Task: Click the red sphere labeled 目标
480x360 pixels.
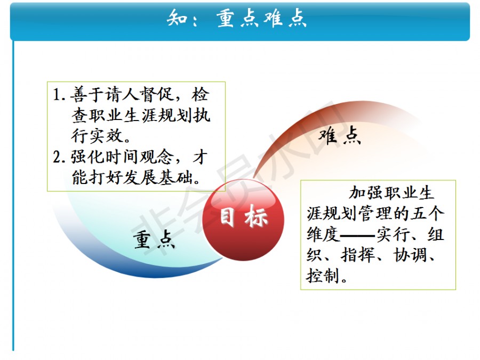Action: [x=243, y=220]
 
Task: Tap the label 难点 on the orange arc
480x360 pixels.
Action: [x=340, y=135]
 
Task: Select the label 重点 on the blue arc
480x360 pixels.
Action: [x=154, y=239]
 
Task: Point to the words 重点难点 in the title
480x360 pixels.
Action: [x=262, y=18]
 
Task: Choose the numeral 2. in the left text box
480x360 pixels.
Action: [x=59, y=157]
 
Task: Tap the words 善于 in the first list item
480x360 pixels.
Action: [x=87, y=94]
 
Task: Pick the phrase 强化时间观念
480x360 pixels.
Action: [x=123, y=157]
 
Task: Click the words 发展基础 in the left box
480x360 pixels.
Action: [x=158, y=177]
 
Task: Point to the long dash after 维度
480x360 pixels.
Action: [x=358, y=235]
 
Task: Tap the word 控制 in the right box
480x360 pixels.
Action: [x=323, y=276]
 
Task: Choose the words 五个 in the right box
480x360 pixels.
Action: [x=427, y=213]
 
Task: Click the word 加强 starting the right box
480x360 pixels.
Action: [x=366, y=193]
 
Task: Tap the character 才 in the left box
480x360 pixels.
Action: [x=200, y=157]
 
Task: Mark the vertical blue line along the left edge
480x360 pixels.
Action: [x=13, y=196]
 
